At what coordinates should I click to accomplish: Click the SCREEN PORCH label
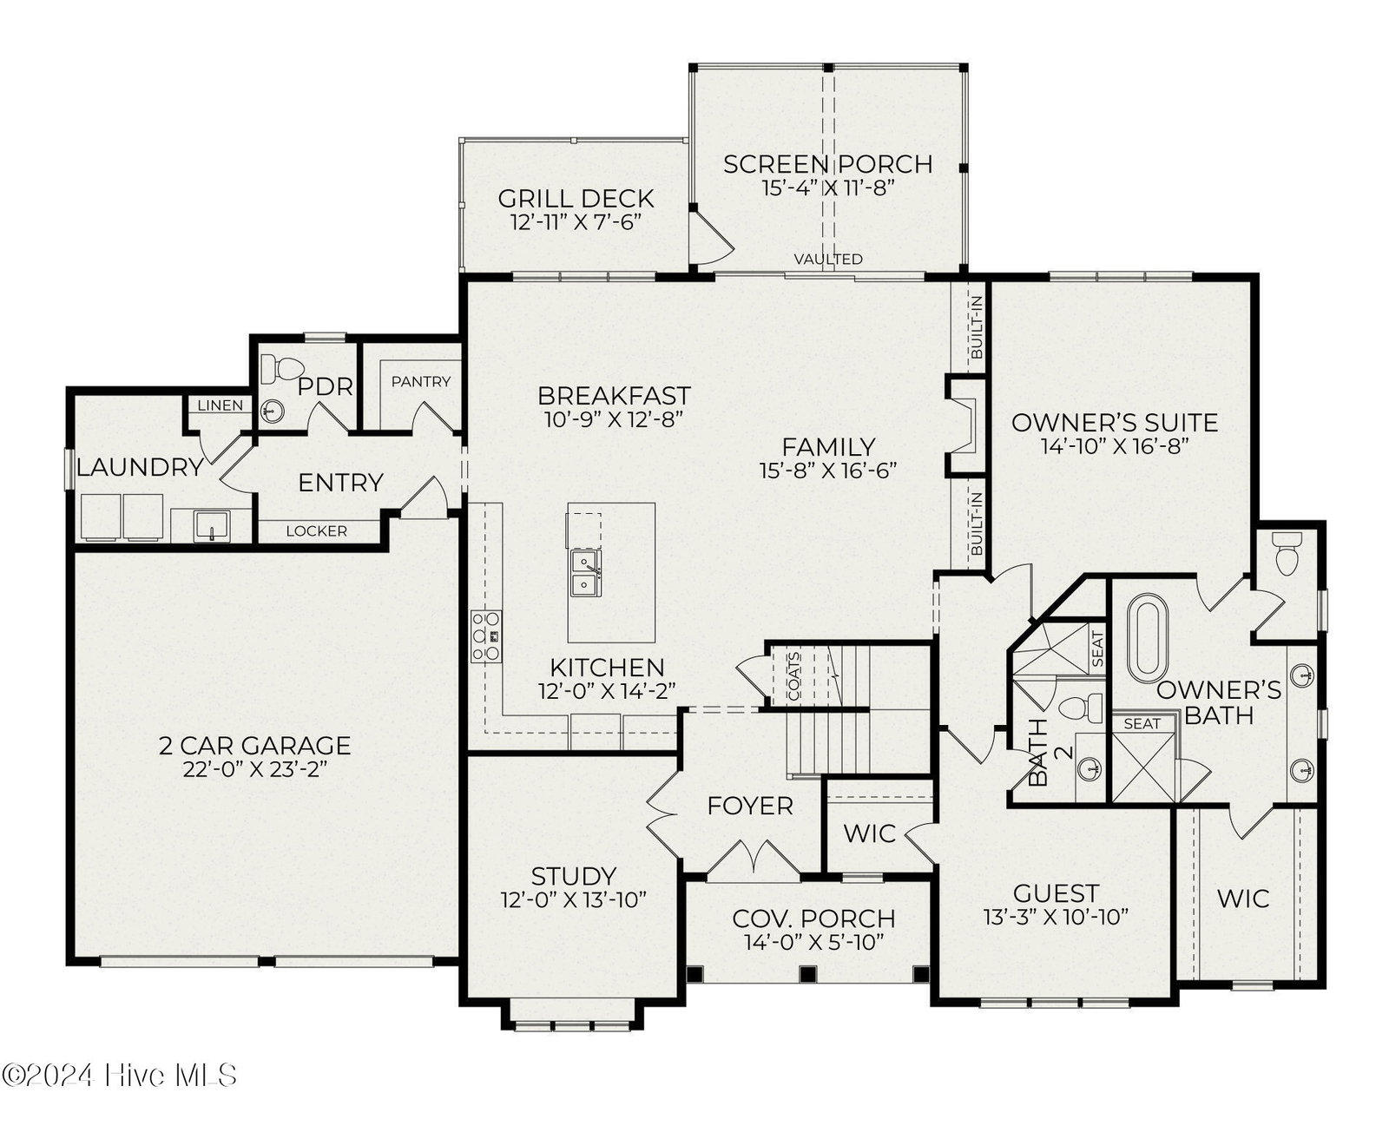[x=827, y=164]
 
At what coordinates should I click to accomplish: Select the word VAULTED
[x=828, y=259]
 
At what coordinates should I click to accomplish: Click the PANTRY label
[x=421, y=381]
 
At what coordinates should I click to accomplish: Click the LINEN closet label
[x=220, y=405]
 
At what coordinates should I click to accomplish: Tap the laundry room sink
[x=211, y=525]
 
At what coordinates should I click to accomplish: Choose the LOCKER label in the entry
[x=316, y=531]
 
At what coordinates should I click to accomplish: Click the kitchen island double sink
[x=586, y=573]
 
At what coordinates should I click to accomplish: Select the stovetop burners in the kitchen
[x=486, y=636]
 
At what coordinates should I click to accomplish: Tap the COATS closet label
[x=793, y=676]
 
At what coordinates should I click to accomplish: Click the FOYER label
[x=750, y=807]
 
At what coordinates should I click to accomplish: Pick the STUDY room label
[x=574, y=876]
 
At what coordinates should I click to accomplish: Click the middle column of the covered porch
[x=808, y=974]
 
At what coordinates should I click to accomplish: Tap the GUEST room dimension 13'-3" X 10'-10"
[x=1056, y=917]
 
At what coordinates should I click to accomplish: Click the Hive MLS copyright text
[x=119, y=1075]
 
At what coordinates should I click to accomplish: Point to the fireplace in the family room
[x=963, y=425]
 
